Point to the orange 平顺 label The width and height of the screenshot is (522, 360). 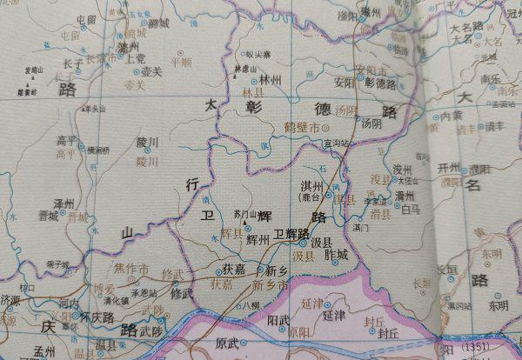(x=181, y=63)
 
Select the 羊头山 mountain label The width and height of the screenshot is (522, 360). (x=93, y=109)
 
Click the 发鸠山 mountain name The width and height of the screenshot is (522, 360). (x=34, y=69)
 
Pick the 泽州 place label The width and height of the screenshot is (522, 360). (x=64, y=203)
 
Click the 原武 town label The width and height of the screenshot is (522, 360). (x=227, y=343)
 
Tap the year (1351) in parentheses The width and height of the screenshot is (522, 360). (x=491, y=350)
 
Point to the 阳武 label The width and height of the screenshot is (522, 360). (x=278, y=319)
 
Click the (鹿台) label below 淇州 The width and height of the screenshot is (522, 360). (x=311, y=197)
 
